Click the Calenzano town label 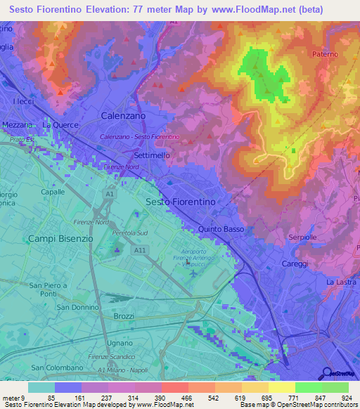pos(123,115)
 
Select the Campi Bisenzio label pos(60,239)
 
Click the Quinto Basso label pos(221,229)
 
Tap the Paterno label pos(325,54)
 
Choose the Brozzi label pos(124,316)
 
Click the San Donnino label pos(77,308)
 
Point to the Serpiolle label pos(304,238)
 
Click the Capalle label pos(53,191)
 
